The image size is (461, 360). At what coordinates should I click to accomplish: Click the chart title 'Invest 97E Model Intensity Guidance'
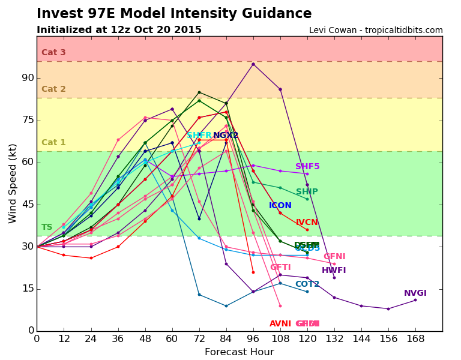click(x=174, y=14)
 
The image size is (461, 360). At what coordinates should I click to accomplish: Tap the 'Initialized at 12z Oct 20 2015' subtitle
click(x=119, y=30)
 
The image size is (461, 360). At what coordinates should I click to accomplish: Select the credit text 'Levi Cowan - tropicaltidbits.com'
click(x=376, y=31)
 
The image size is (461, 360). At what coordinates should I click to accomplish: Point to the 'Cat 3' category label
click(x=53, y=53)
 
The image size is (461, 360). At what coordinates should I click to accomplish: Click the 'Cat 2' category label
click(x=53, y=89)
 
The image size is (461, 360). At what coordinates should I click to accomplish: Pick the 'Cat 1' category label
click(x=53, y=143)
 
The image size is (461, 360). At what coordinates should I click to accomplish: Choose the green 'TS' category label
click(x=47, y=227)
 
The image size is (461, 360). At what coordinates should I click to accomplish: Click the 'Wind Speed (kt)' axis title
click(x=13, y=183)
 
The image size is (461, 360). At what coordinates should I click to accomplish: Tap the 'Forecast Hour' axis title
click(x=239, y=352)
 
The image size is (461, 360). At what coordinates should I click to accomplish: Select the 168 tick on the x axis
click(x=415, y=338)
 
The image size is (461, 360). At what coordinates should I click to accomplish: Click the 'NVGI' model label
click(x=415, y=293)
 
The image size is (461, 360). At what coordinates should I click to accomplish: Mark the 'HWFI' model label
click(x=334, y=271)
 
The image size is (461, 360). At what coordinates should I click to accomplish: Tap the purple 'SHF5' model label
click(x=307, y=167)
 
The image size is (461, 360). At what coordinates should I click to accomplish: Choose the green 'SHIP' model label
click(x=307, y=192)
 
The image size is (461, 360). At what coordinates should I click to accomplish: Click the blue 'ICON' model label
click(x=280, y=206)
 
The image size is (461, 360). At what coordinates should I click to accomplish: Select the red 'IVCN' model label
click(x=307, y=223)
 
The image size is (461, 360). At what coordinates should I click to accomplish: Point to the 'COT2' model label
click(x=307, y=284)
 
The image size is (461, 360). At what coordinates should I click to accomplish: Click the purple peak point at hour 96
click(x=253, y=64)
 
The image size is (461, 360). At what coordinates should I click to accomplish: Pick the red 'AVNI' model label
click(x=280, y=324)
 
